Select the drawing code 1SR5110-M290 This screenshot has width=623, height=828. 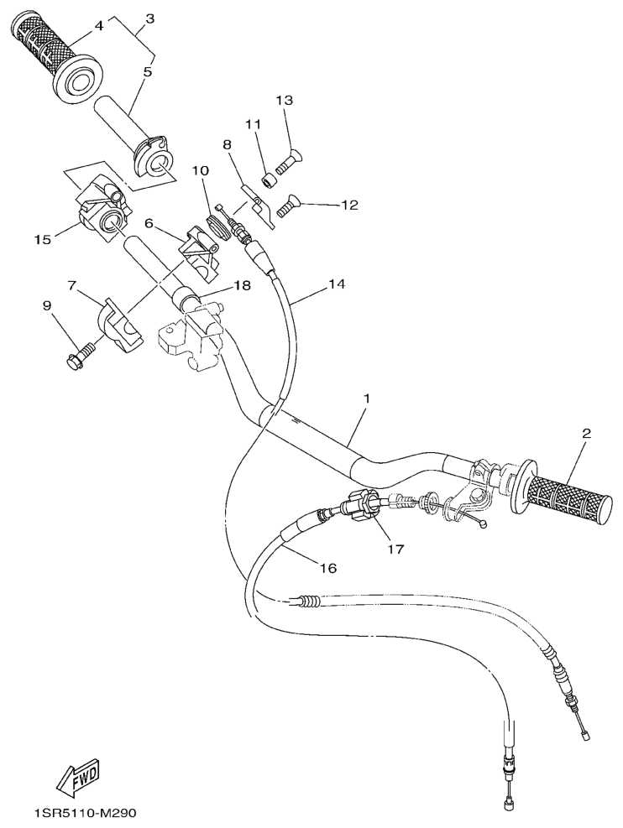[84, 814]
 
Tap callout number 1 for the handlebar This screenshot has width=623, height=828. [366, 395]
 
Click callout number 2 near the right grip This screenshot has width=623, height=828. [586, 434]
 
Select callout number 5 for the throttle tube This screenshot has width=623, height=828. [147, 72]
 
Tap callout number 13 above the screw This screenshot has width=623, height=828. [285, 101]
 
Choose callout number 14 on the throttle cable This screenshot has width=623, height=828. [336, 284]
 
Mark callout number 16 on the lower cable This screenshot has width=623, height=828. [328, 568]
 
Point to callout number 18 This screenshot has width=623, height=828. [242, 285]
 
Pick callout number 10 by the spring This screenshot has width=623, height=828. [199, 170]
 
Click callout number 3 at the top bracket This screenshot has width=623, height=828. [149, 18]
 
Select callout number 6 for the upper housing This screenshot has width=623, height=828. [149, 223]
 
